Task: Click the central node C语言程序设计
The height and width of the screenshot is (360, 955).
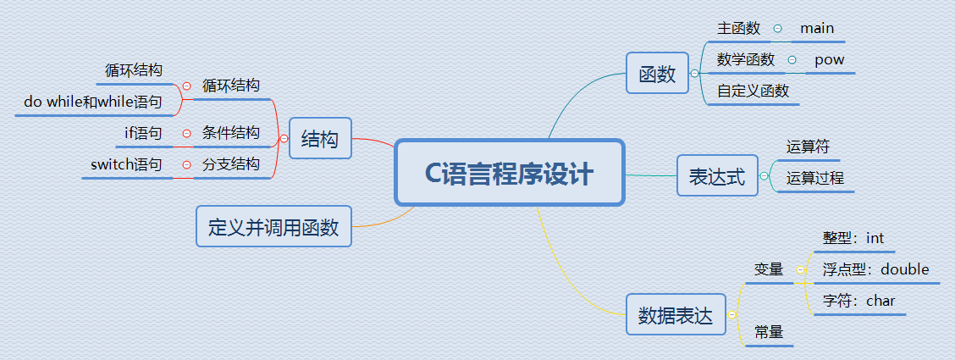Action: [509, 173]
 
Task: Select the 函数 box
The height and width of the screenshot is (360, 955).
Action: [657, 74]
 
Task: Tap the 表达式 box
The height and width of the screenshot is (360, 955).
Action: [717, 176]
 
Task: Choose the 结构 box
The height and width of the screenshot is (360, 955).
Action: [319, 139]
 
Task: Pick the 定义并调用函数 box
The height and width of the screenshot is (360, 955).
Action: [273, 227]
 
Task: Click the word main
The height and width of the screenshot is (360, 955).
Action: [817, 28]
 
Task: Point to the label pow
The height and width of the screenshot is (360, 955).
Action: [829, 60]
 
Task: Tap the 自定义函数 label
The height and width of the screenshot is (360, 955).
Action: [753, 91]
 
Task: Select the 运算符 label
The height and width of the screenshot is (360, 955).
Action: [808, 147]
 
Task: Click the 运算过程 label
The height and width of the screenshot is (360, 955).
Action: [814, 178]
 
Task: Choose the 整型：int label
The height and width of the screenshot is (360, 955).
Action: [853, 239]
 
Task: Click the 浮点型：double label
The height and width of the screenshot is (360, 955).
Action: [875, 269]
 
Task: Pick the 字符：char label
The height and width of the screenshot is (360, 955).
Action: [858, 301]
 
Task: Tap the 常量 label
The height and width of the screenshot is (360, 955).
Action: [769, 333]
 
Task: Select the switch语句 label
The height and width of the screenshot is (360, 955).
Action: [126, 164]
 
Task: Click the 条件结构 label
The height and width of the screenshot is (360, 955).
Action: [231, 133]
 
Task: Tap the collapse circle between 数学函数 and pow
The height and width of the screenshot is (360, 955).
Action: [792, 60]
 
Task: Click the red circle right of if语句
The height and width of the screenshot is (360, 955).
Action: [186, 133]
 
